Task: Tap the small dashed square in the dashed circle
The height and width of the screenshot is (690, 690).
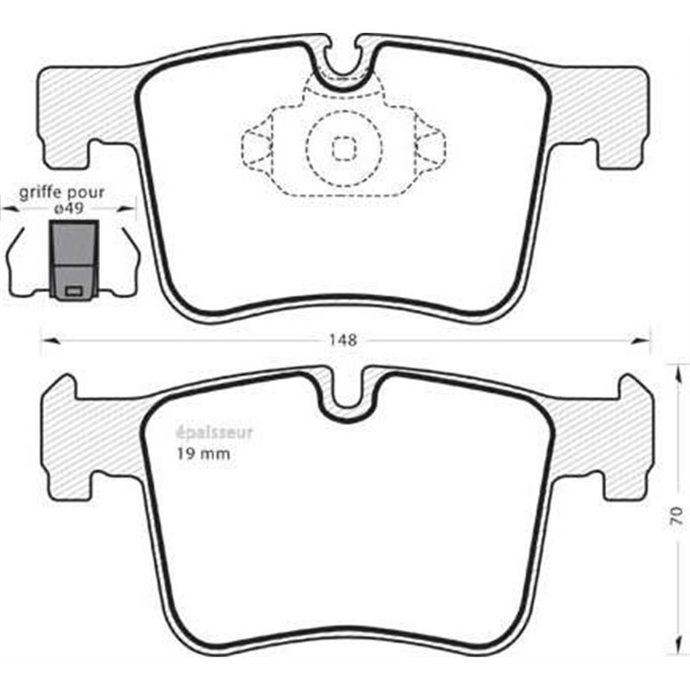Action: tap(344, 149)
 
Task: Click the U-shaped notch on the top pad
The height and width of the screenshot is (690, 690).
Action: tap(344, 65)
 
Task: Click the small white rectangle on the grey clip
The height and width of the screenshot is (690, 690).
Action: tap(74, 291)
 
